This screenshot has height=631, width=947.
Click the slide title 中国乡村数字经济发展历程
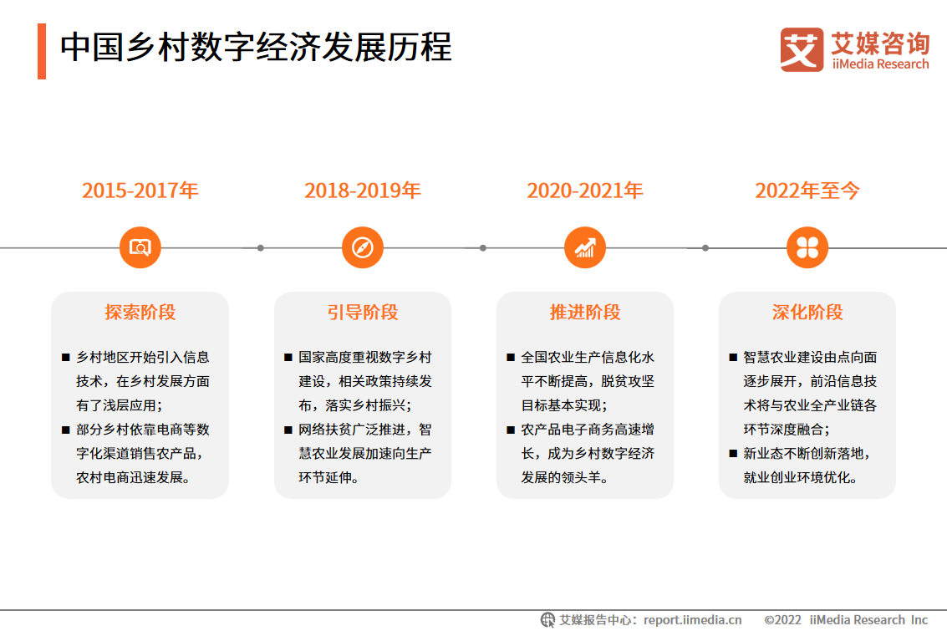[256, 47]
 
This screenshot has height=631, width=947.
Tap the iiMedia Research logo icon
[802, 49]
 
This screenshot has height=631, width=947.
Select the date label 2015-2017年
[140, 191]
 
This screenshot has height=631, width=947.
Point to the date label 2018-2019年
[363, 191]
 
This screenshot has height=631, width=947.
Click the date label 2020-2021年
[584, 191]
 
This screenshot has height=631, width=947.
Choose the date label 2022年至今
[807, 191]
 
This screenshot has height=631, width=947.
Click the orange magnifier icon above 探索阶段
[140, 247]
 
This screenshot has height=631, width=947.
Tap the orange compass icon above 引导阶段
[363, 247]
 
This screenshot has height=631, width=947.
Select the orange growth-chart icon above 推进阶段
[584, 247]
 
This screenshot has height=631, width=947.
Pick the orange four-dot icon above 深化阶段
[807, 247]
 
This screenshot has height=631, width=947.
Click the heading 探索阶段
[140, 313]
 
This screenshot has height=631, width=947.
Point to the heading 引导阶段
[363, 313]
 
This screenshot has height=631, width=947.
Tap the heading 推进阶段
[584, 313]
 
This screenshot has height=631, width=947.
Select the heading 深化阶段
[807, 313]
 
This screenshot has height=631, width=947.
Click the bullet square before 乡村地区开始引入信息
[66, 358]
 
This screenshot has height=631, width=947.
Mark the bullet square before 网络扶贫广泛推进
[288, 430]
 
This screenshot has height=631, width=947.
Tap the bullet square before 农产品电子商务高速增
[511, 430]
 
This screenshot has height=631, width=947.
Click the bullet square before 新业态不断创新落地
[732, 454]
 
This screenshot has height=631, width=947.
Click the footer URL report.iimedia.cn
[692, 620]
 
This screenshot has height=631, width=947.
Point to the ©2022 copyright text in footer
[782, 620]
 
